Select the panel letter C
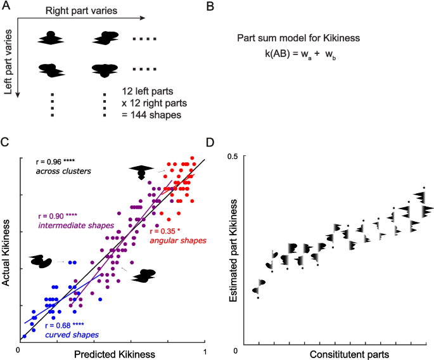pyautogui.click(x=6, y=142)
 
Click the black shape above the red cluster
pyautogui.click(x=142, y=170)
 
